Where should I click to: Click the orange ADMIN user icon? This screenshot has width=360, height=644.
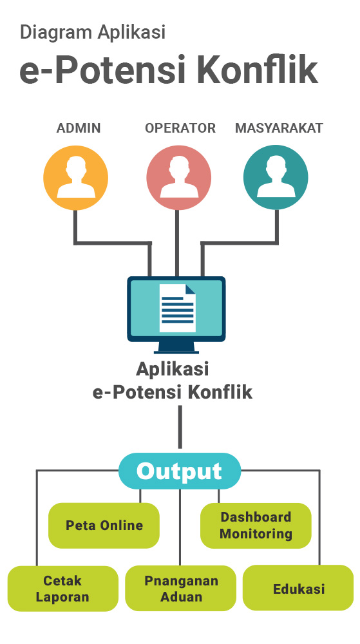pos(75,178)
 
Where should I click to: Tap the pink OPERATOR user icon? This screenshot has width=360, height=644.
pos(178,178)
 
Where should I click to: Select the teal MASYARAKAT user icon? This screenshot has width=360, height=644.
pos(276,178)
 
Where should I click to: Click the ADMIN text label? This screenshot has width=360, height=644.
pos(79,128)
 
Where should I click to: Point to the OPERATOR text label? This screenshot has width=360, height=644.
pos(180,128)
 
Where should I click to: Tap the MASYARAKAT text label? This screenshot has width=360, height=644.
pos(279,128)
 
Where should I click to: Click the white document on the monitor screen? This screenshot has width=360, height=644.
pos(177,308)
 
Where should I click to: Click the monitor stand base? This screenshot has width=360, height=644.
pos(176,351)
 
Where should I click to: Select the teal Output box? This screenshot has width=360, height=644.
pos(180,471)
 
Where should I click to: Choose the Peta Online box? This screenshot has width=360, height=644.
pos(104,526)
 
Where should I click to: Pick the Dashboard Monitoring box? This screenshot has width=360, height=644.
pos(256,526)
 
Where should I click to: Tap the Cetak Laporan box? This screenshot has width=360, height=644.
pos(63,589)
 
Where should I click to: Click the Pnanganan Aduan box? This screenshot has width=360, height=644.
pos(180,589)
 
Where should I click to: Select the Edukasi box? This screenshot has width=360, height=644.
pos(298,588)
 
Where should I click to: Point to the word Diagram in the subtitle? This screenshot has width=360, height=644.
pos(56,32)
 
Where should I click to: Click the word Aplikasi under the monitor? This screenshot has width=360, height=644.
pos(173,369)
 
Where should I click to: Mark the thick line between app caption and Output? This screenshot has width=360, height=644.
pos(180,427)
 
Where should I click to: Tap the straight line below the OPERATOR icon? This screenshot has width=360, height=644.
pos(177,243)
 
